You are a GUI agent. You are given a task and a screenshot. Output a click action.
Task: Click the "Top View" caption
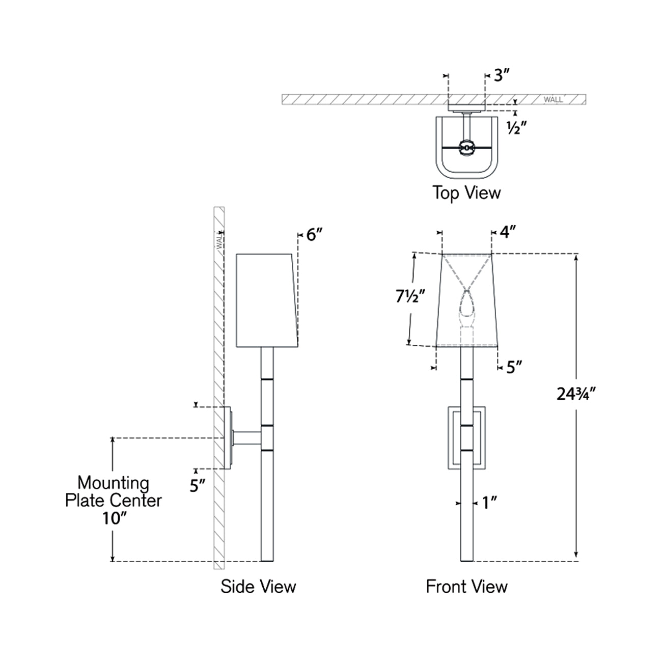pyautogui.click(x=466, y=193)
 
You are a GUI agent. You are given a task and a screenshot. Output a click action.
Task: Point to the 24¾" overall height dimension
pyautogui.click(x=576, y=393)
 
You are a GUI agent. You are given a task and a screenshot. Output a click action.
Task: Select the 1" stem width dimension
pyautogui.click(x=489, y=503)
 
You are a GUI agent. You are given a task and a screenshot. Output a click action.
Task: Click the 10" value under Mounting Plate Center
pyautogui.click(x=113, y=518)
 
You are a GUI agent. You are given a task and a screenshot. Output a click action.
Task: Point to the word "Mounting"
pyautogui.click(x=113, y=482)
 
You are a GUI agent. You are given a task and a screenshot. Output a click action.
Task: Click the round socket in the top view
pyautogui.click(x=466, y=148)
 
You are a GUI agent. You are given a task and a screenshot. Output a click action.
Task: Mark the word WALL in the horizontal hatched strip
pyautogui.click(x=553, y=100)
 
